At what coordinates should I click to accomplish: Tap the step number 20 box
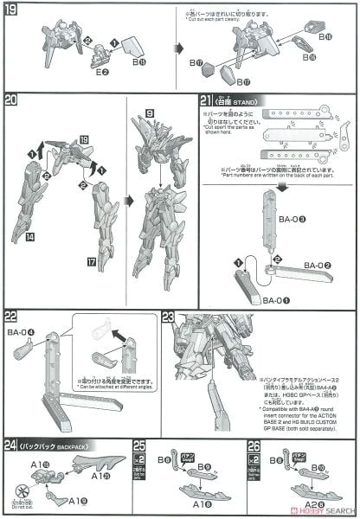[12, 99]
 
